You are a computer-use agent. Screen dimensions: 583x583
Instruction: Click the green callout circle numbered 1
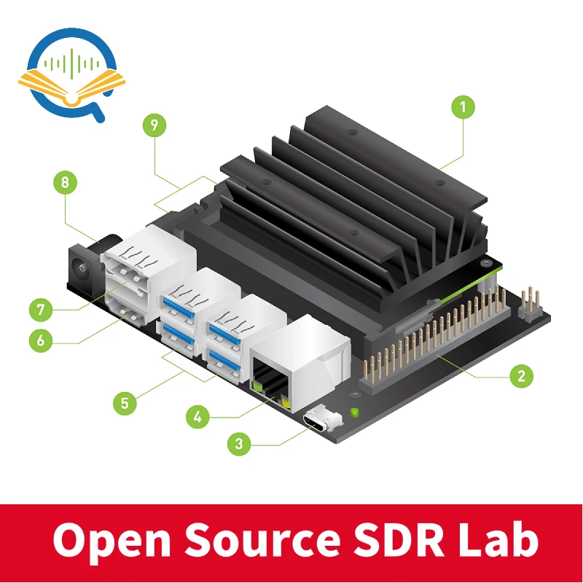(x=462, y=107)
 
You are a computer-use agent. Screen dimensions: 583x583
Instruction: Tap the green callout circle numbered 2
(x=520, y=376)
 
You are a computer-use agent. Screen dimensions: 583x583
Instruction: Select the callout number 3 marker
(x=239, y=442)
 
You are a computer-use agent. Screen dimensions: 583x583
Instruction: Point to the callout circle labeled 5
(x=125, y=402)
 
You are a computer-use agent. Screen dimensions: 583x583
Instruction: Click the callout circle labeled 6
(x=41, y=340)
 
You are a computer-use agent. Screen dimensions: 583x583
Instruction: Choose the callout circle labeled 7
(x=41, y=310)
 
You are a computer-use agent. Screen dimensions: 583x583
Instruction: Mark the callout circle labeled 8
(x=65, y=182)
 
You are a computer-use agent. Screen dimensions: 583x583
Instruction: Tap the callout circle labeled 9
(x=154, y=125)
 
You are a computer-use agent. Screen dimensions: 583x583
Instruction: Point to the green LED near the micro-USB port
(x=355, y=413)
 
